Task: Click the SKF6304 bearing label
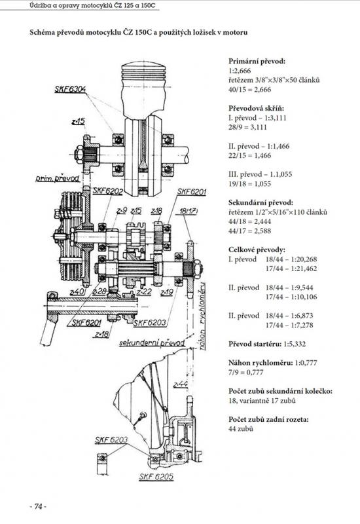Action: click(70, 89)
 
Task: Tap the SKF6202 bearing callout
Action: click(107, 191)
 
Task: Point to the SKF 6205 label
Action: click(156, 477)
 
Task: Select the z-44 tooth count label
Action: click(181, 384)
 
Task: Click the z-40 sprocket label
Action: click(77, 291)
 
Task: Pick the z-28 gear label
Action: click(99, 291)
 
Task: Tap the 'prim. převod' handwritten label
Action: click(58, 178)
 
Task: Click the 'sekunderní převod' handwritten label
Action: click(152, 343)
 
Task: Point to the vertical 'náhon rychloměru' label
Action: click(203, 316)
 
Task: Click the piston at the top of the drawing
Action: click(143, 88)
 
